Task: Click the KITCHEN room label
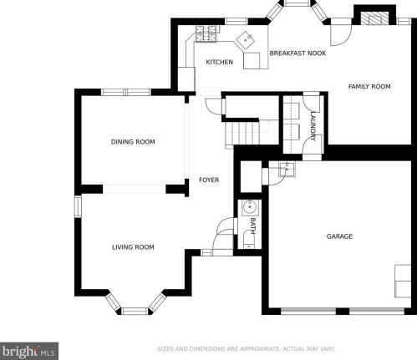219,62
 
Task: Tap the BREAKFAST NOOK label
297,53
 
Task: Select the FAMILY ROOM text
369,87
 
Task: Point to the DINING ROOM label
133,142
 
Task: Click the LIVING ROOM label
133,247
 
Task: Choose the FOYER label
209,180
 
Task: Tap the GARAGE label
339,236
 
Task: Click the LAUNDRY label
313,126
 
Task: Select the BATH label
252,226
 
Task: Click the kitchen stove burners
206,33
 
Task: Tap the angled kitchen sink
246,41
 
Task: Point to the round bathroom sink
250,207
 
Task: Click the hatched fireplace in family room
375,18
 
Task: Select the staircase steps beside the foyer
242,133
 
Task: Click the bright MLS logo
29,351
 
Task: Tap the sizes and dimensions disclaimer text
247,349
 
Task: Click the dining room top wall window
126,92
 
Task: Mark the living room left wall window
78,206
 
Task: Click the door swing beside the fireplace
341,32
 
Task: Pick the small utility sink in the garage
287,170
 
